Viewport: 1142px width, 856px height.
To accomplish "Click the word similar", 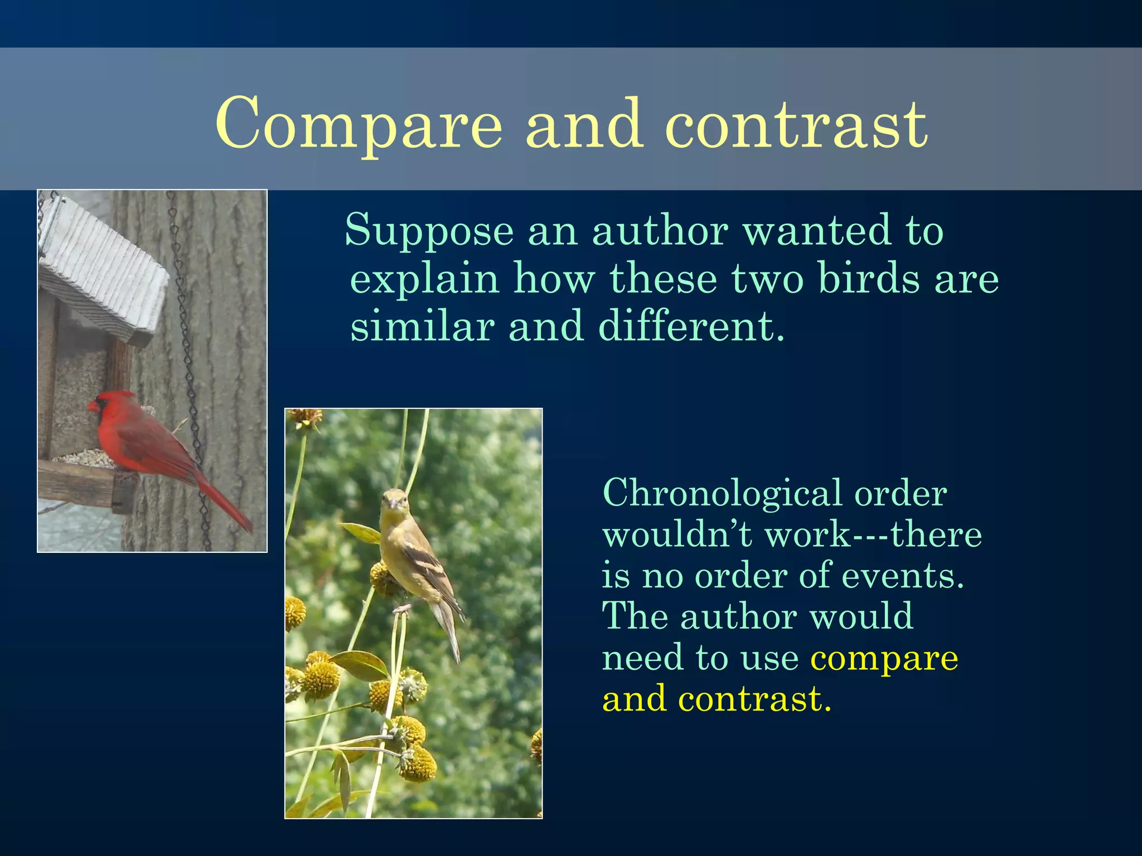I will point(422,326).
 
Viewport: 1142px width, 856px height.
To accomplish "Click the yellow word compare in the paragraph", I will point(884,659).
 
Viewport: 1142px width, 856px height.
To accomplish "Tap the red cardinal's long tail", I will point(226,504).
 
